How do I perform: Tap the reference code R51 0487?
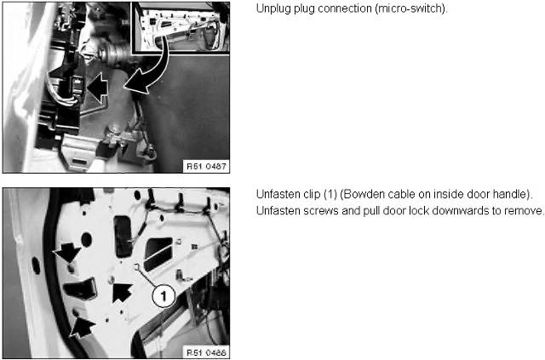coord(206,167)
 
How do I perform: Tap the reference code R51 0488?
coord(206,352)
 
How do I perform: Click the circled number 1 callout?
coord(163,296)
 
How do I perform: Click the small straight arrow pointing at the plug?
coord(98,87)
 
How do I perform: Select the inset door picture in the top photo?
coord(180,27)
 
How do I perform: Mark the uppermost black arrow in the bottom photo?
coord(67,252)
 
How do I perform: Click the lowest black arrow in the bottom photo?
coord(82,328)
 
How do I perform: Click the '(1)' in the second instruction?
coord(330,195)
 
